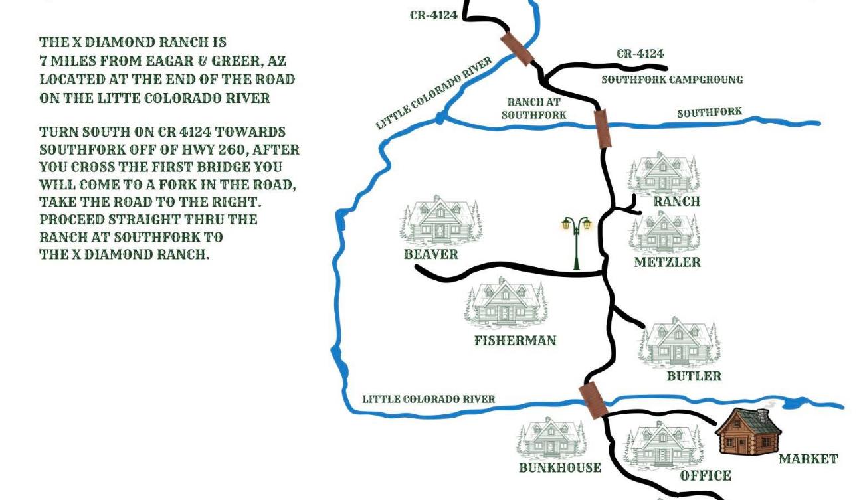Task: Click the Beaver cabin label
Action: pyautogui.click(x=431, y=254)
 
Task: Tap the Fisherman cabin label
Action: pyautogui.click(x=516, y=340)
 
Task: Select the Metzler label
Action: pyautogui.click(x=667, y=262)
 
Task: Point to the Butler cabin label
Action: pyautogui.click(x=694, y=376)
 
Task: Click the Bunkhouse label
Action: pyautogui.click(x=560, y=467)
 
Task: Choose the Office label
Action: pyautogui.click(x=706, y=475)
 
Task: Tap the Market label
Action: pyautogui.click(x=809, y=459)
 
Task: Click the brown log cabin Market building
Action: pyautogui.click(x=748, y=432)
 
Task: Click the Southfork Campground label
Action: pyautogui.click(x=672, y=80)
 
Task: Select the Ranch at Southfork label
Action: pyautogui.click(x=534, y=108)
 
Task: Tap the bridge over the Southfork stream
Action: pyautogui.click(x=602, y=129)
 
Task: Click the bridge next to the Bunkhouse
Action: pyautogui.click(x=593, y=400)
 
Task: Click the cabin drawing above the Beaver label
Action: pyautogui.click(x=441, y=220)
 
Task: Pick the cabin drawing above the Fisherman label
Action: pyautogui.click(x=506, y=303)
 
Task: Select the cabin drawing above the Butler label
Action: pyautogui.click(x=679, y=343)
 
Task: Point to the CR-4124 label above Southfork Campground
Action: pyautogui.click(x=640, y=54)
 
